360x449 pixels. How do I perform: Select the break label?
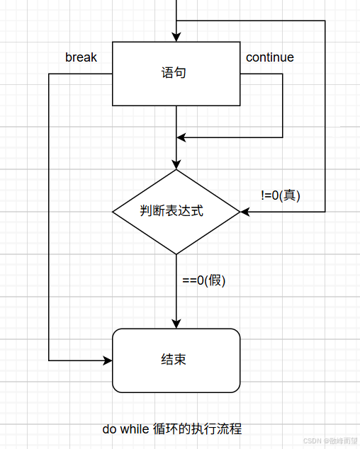[x=81, y=57]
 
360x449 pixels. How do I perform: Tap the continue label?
[x=269, y=57]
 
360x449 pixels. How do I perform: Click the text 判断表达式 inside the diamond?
[x=172, y=211]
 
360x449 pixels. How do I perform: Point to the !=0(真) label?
[x=281, y=195]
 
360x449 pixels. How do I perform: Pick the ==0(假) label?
[x=204, y=280]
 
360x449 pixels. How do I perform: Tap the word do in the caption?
[x=109, y=429]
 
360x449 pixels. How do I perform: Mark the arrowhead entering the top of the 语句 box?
[x=176, y=38]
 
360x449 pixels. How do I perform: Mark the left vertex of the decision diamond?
[x=113, y=211]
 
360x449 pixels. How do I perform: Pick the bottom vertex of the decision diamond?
[x=176, y=254]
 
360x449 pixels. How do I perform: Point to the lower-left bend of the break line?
[x=49, y=360]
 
